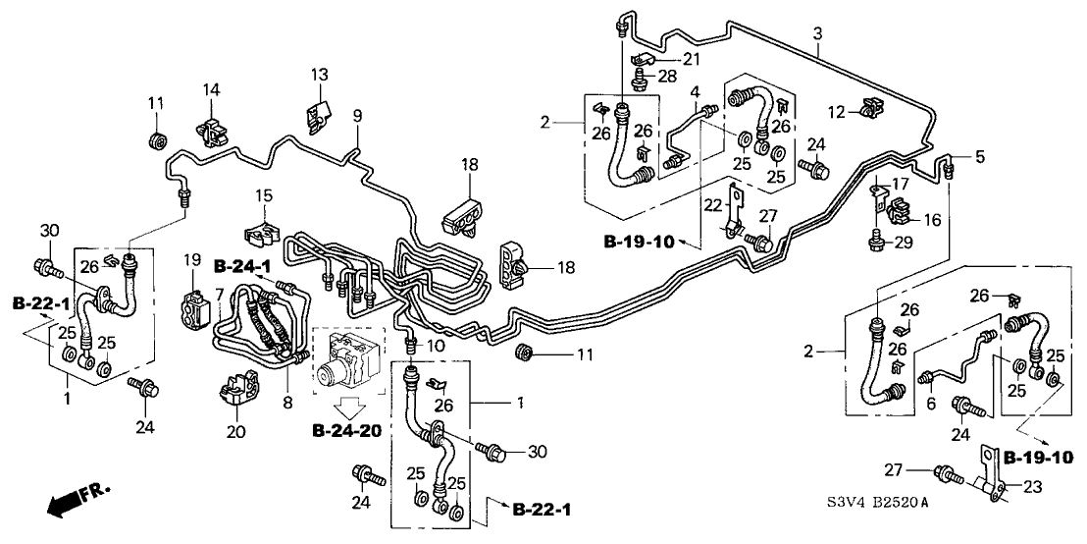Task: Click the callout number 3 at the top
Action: (x=818, y=34)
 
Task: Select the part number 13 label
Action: (x=320, y=75)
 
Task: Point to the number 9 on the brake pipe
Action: (x=358, y=116)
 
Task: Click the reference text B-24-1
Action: (x=238, y=265)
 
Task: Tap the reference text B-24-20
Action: (x=347, y=430)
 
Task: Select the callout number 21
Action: (x=693, y=60)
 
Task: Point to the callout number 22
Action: (x=711, y=204)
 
